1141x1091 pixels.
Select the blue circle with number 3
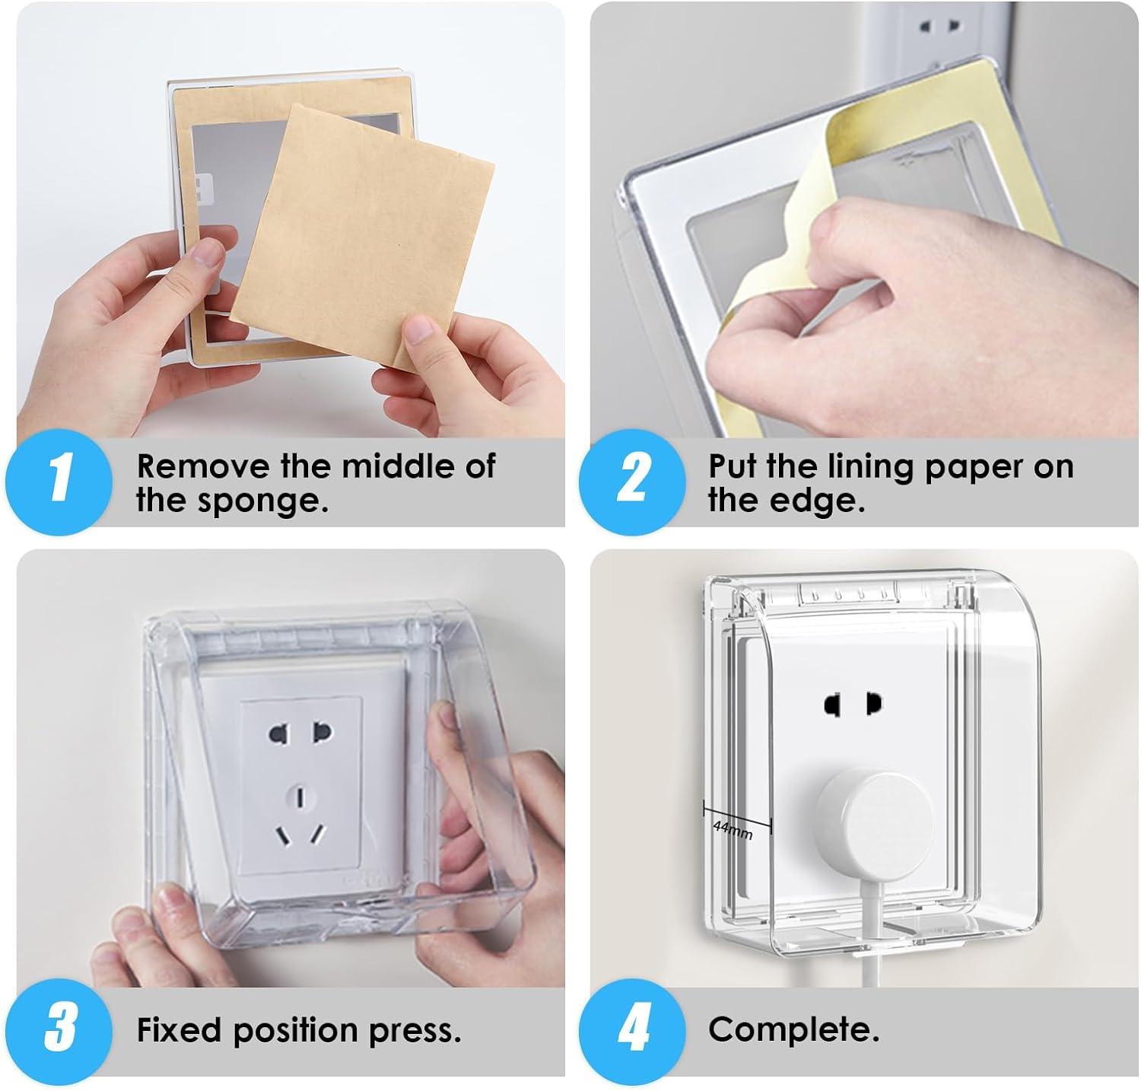click(x=59, y=1028)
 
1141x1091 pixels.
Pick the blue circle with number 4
click(x=631, y=1028)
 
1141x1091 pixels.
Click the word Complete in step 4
click(x=793, y=1030)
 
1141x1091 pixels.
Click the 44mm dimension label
click(x=733, y=830)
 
